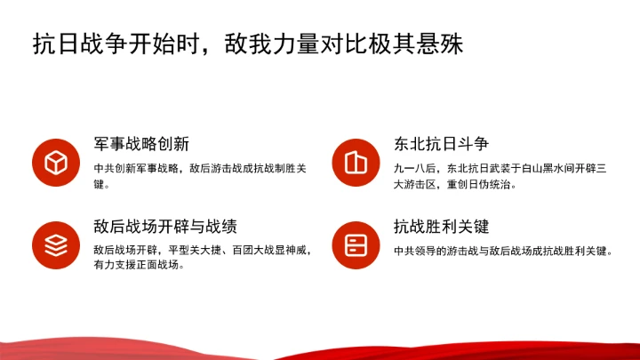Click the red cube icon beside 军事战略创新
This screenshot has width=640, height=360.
(x=57, y=163)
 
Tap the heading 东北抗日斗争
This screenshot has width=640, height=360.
(x=441, y=144)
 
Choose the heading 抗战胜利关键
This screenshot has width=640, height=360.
(x=441, y=227)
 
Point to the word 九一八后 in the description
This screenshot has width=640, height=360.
(x=413, y=168)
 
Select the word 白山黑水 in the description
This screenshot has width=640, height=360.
(x=542, y=168)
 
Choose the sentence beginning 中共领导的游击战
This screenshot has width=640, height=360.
(x=503, y=251)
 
